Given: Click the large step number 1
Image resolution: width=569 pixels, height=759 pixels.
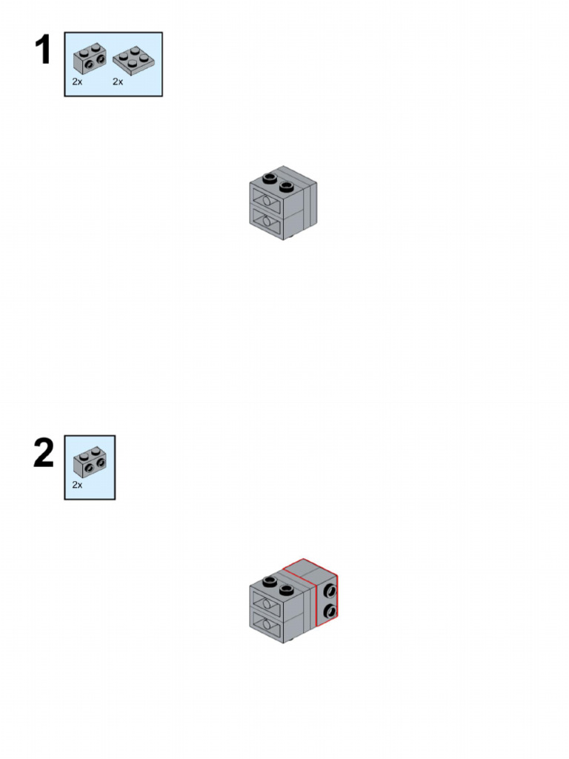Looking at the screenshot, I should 43,51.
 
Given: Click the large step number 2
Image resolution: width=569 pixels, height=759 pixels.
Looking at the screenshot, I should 44,454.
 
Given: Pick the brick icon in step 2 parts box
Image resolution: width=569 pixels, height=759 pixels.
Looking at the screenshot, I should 90,463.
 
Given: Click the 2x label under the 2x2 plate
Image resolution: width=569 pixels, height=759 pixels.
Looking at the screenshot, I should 118,82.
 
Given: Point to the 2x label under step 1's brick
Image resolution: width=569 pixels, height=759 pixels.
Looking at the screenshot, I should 78,82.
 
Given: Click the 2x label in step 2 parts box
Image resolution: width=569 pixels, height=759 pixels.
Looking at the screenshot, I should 78,484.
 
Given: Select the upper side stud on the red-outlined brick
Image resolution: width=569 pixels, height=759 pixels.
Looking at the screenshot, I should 330,591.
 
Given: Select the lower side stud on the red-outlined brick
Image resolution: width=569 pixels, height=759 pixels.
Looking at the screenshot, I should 330,611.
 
